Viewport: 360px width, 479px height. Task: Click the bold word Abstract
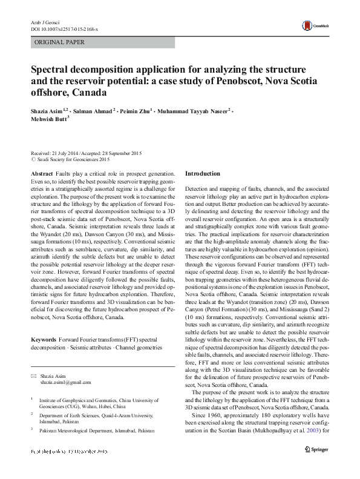[41, 174]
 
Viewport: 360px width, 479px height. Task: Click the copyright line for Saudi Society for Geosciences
[70, 160]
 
